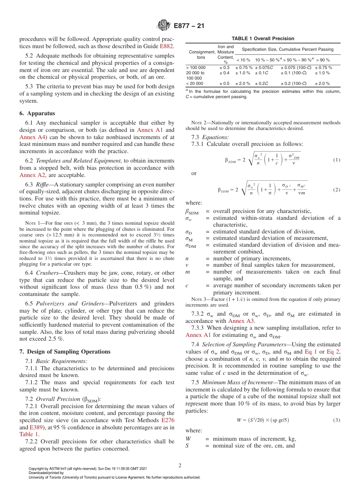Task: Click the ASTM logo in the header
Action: [164, 26]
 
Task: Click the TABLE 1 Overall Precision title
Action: [263, 38]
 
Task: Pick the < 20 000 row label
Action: [194, 83]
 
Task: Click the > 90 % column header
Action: [322, 60]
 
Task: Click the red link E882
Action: [167, 46]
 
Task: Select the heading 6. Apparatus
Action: [37, 113]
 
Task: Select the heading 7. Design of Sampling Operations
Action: [65, 352]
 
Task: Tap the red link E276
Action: [168, 420]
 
